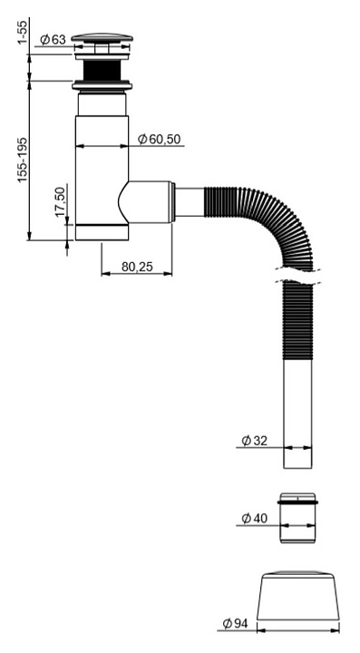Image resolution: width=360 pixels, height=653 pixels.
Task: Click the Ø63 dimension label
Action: [x=53, y=40]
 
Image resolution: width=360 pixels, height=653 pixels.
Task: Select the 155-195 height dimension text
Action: [x=23, y=160]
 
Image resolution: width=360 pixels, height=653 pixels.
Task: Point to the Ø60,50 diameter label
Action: [x=161, y=139]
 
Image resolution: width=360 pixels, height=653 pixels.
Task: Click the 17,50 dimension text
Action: [x=61, y=201]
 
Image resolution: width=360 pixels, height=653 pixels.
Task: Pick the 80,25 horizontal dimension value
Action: [x=137, y=267]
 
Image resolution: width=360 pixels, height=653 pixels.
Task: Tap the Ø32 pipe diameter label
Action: [x=254, y=441]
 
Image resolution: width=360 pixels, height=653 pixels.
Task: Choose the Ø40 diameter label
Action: [x=254, y=519]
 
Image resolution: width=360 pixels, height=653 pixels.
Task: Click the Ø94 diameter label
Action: [x=235, y=623]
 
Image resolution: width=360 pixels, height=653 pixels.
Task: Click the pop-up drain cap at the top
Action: [x=102, y=38]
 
